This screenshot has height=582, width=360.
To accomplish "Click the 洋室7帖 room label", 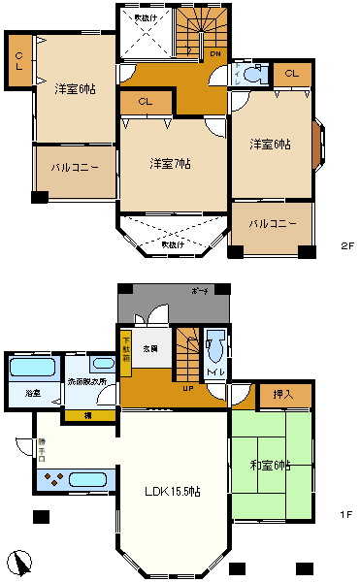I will [170, 163].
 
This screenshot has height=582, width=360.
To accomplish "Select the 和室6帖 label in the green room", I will [270, 467].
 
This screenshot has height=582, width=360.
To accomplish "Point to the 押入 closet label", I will [283, 395].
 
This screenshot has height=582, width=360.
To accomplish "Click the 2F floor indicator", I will [345, 246].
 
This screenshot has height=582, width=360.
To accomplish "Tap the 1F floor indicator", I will [345, 514].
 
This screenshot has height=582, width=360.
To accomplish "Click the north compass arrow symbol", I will [19, 562].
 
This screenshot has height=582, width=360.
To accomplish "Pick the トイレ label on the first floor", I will [214, 372].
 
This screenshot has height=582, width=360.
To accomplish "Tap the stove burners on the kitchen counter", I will [54, 478].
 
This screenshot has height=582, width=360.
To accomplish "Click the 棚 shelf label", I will [87, 416].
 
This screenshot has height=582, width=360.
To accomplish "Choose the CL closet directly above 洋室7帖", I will [144, 101].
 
